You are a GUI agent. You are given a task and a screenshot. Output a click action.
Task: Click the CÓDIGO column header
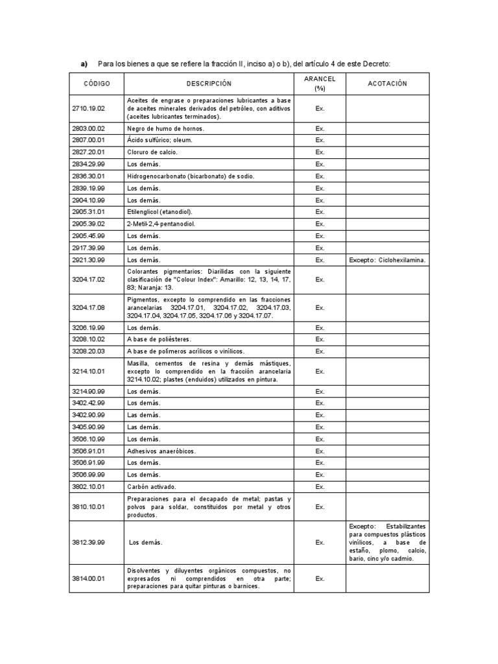(97, 84)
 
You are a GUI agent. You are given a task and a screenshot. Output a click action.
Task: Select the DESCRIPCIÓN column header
(209, 84)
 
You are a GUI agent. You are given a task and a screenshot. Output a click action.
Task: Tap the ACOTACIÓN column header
(387, 84)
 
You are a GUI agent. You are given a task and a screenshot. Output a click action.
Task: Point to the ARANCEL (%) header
(320, 84)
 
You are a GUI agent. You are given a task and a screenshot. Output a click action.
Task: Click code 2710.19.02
(88, 109)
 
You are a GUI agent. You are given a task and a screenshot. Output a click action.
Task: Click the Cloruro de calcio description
(152, 152)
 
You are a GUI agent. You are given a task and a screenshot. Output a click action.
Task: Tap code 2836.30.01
(88, 176)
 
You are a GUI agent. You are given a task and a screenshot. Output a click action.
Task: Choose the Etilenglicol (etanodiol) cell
(160, 212)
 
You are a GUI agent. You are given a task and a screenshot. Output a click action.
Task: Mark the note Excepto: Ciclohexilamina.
(387, 260)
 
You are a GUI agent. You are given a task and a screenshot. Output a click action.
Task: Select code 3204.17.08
(88, 308)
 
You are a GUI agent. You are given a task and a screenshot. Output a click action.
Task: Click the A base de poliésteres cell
(159, 339)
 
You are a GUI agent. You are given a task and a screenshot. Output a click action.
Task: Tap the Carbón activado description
(151, 486)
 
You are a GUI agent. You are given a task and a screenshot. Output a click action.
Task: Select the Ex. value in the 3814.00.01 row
(320, 578)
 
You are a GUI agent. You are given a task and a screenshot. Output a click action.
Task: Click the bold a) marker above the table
(84, 64)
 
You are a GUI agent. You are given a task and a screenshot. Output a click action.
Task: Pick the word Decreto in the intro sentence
(377, 64)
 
